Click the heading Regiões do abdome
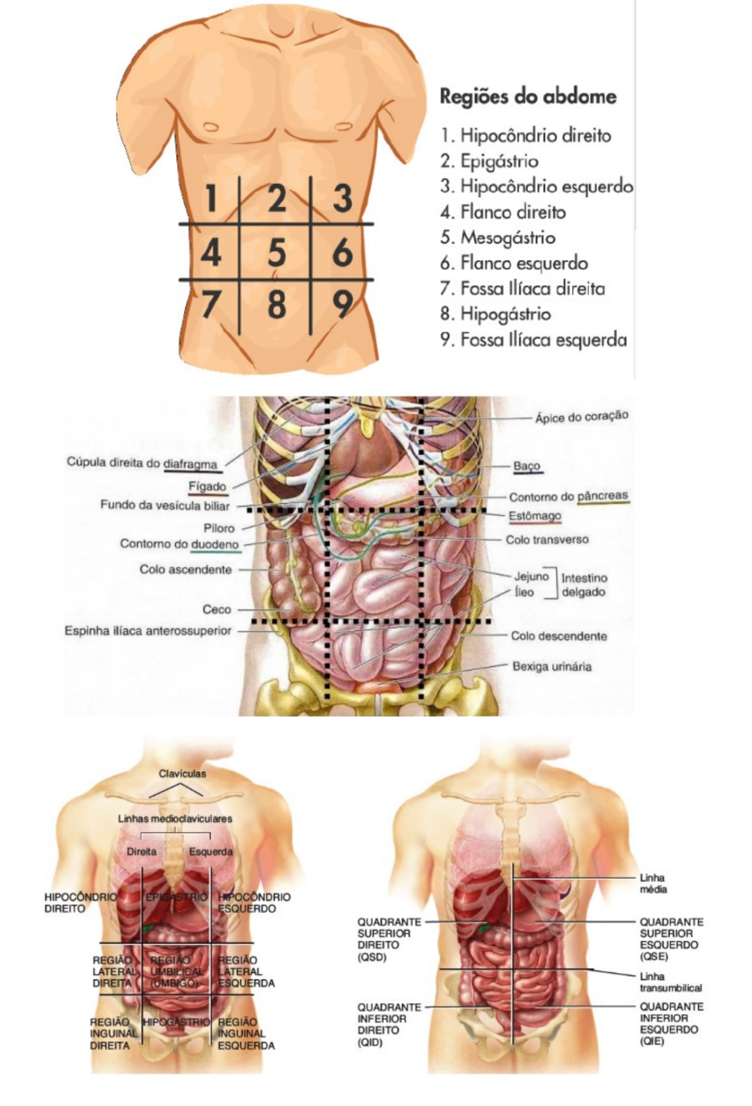[x=528, y=96]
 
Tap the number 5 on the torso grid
[x=277, y=253]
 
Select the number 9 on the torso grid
[x=343, y=305]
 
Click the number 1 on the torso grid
[x=210, y=199]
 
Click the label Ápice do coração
[x=581, y=417]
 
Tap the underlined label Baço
[x=526, y=466]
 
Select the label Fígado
[x=208, y=487]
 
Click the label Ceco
[x=217, y=609]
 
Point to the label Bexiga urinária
[x=552, y=667]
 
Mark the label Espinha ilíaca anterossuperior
[x=148, y=631]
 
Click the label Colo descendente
[x=559, y=636]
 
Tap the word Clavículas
[x=182, y=774]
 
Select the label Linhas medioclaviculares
[x=175, y=819]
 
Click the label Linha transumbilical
[x=670, y=982]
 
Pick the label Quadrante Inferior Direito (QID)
[x=389, y=1024]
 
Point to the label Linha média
[x=653, y=883]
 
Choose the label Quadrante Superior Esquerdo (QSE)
[x=672, y=939]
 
